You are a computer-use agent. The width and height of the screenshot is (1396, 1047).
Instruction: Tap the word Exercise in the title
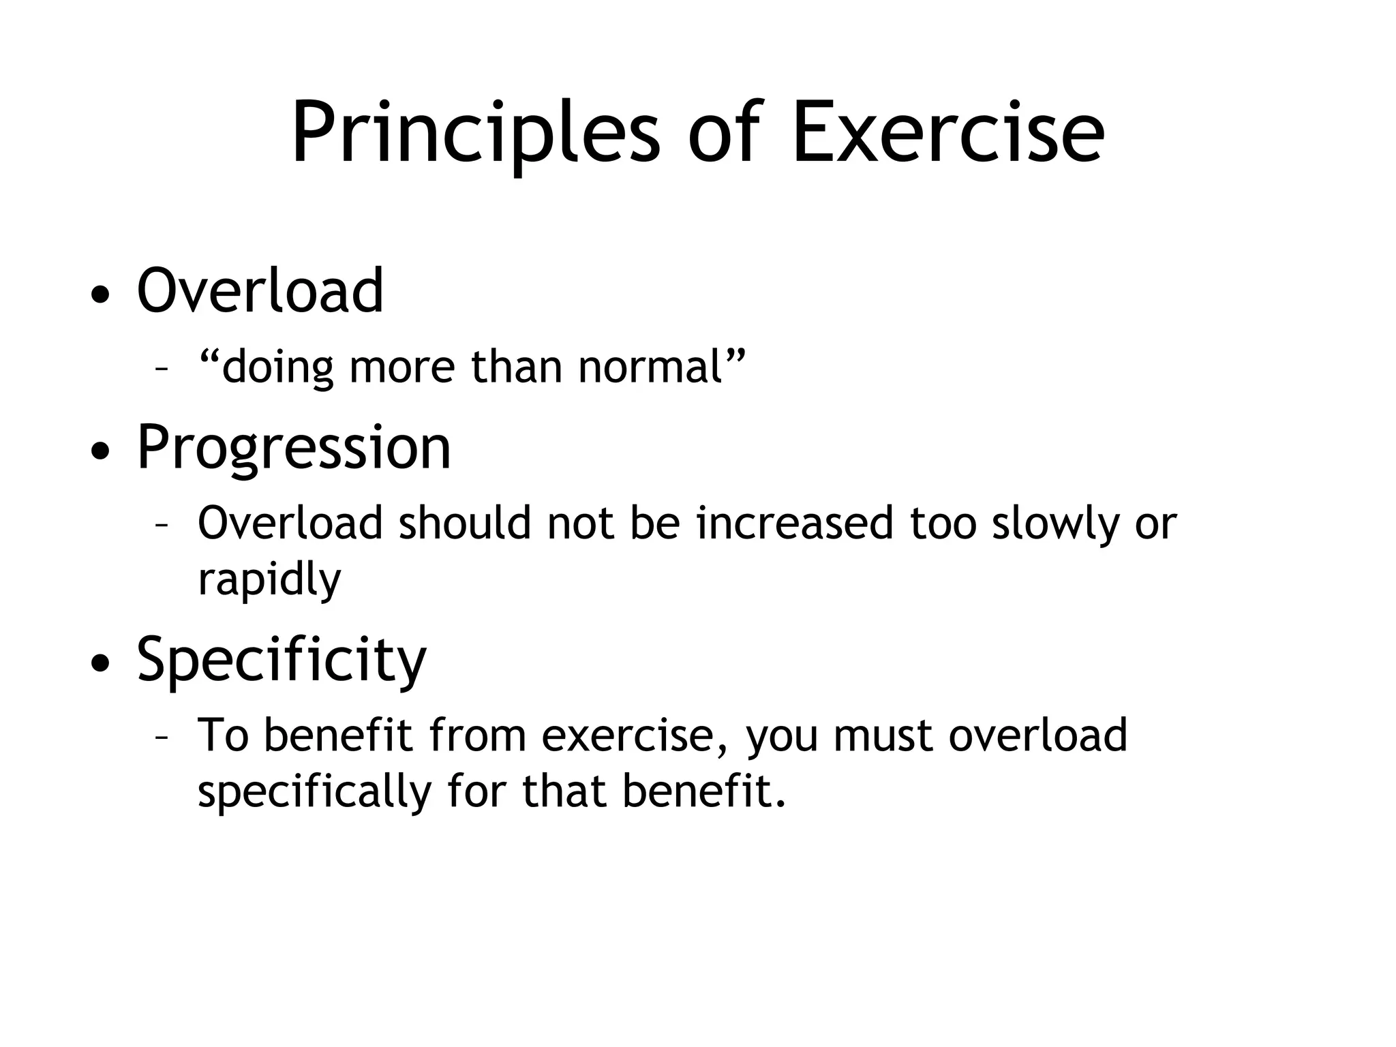pyautogui.click(x=947, y=133)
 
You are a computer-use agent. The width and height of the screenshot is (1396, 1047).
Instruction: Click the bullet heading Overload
pyautogui.click(x=260, y=291)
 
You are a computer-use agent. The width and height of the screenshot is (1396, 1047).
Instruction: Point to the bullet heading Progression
pyautogui.click(x=294, y=448)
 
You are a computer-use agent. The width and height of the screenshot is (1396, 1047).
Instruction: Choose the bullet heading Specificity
pyautogui.click(x=281, y=660)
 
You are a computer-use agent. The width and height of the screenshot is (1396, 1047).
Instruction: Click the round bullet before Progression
pyautogui.click(x=100, y=452)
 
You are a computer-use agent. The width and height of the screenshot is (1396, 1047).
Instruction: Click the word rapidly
pyautogui.click(x=269, y=580)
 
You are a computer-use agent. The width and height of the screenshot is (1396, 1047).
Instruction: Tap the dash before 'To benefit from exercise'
pyautogui.click(x=162, y=738)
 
